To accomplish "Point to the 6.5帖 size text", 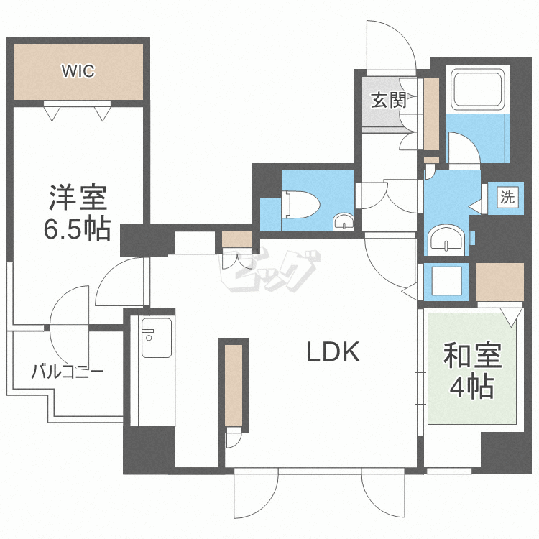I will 78,229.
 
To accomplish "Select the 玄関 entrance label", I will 388,99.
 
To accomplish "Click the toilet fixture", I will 303,203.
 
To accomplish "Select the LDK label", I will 333,352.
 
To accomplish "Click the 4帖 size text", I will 471,387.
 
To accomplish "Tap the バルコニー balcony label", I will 68,372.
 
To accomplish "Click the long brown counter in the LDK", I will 234,384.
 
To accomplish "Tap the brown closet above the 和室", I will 500,282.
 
